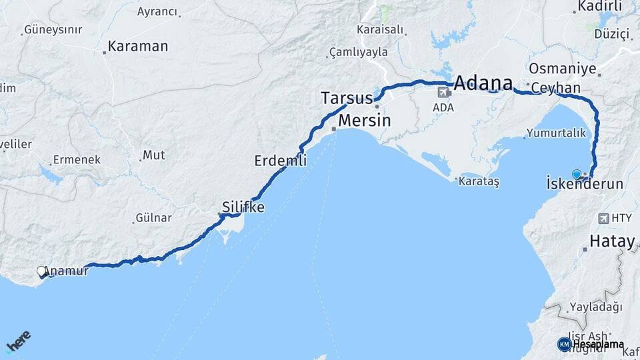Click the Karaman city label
[x=137, y=47]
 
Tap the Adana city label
[x=483, y=84]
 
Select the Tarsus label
[x=347, y=98]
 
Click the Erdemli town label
[x=281, y=161]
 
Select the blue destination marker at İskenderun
[x=577, y=174]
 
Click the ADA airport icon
[x=443, y=93]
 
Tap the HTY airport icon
[x=604, y=218]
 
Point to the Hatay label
[x=611, y=241]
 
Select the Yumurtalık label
[x=555, y=133]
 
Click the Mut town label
[x=154, y=155]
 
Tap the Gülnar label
[x=153, y=218]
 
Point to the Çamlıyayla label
[x=358, y=52]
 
